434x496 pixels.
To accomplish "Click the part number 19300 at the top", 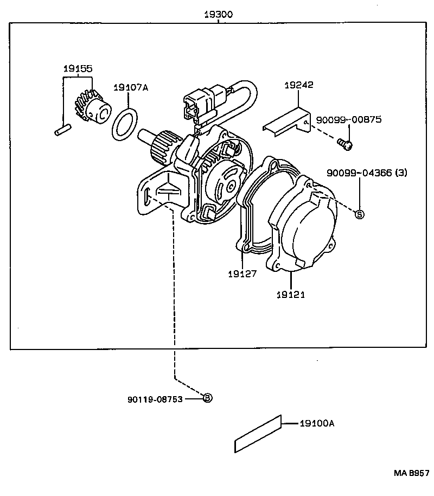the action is pos(218,15).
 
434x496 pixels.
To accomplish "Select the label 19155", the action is pos(78,68).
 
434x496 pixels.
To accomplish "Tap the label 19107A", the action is pos(131,87).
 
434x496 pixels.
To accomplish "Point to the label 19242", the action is pos(298,85).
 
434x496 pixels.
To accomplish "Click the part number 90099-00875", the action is pos(349,119).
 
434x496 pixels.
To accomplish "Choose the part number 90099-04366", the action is pos(359,173).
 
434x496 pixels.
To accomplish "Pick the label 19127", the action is pos(242,274).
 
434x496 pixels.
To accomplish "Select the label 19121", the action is pos(291,295).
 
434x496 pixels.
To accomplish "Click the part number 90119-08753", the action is pos(155,399).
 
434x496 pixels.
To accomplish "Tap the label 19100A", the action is pos(317,423).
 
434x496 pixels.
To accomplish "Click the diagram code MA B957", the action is pos(412,473).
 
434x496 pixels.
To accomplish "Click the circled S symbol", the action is pos(360,214).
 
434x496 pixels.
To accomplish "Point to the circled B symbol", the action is pos(207,398).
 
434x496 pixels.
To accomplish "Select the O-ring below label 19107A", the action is pos(125,124).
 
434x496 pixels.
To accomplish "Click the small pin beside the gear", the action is pos(63,130).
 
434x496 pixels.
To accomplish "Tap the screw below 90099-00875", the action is pos(344,144).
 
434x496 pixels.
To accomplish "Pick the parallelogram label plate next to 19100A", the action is pos(258,434).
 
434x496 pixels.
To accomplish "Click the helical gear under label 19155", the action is pos(93,108).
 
